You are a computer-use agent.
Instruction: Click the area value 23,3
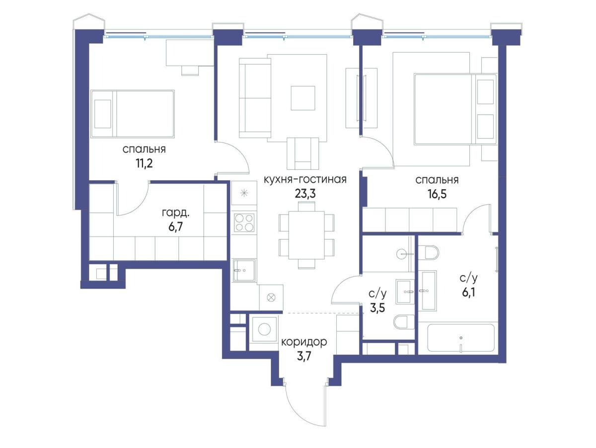305,194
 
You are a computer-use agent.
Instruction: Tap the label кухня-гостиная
305,179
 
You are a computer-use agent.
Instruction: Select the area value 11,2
144,163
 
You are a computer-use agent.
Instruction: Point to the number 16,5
438,194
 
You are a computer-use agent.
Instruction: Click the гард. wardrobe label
175,213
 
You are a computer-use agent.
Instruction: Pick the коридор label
304,342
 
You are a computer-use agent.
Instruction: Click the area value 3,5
377,308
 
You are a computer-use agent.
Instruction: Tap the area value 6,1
469,293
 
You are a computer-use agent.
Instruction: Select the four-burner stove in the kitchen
244,223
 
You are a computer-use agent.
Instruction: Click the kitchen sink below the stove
244,270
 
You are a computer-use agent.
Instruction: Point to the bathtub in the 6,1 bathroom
461,338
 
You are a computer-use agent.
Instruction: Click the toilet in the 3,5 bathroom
404,322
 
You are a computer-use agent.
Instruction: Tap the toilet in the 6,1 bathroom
428,252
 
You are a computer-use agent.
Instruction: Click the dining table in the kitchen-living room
306,235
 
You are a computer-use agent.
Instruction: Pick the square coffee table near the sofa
303,98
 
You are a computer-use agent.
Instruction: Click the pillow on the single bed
103,114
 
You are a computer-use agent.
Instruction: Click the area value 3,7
304,356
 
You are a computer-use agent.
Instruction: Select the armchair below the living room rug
303,153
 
